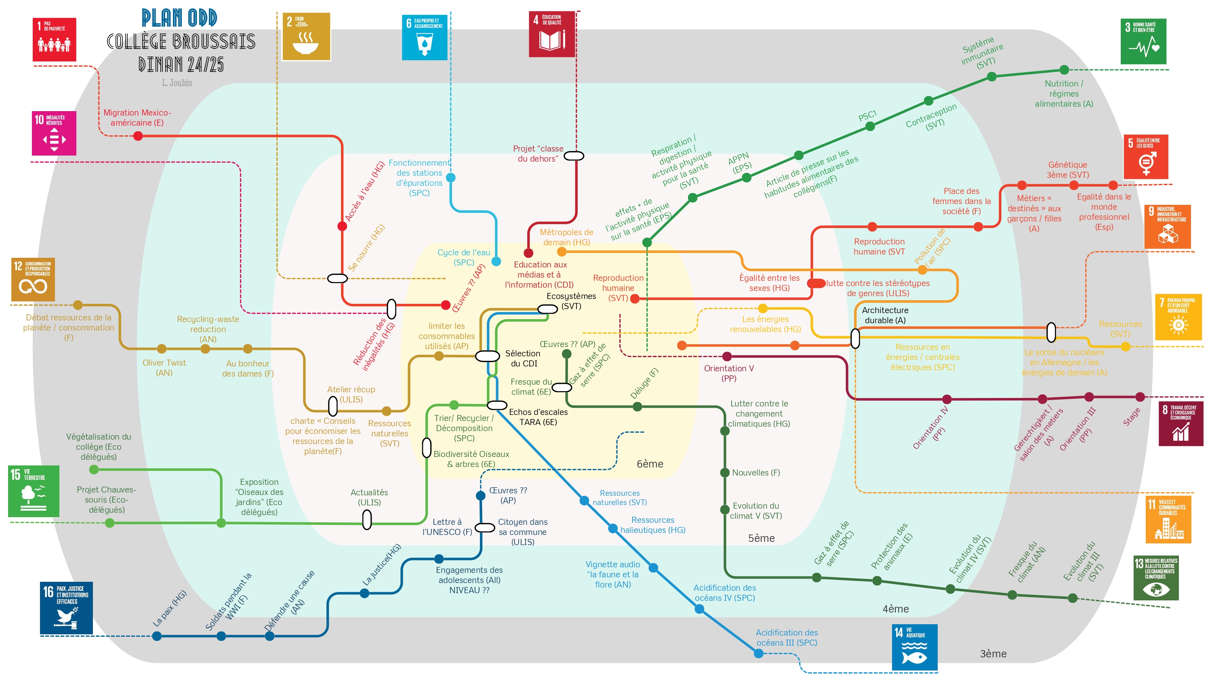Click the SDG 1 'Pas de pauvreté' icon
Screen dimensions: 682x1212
pos(54,40)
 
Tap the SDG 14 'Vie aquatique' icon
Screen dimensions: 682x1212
pos(914,647)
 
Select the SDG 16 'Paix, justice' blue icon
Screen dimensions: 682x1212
pos(66,608)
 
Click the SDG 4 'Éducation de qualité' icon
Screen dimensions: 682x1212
pos(552,34)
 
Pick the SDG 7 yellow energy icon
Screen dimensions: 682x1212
pos(1178,317)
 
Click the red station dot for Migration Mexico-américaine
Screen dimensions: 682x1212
pos(138,136)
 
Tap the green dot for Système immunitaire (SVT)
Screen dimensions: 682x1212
pos(991,77)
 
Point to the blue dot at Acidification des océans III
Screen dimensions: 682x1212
pos(758,653)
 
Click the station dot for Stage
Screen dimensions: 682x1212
pos(1140,397)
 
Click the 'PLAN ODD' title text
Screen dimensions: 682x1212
pos(179,18)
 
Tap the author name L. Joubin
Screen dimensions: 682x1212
pos(177,83)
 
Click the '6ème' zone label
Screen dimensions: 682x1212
pos(650,464)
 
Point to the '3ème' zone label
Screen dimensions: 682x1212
pos(993,654)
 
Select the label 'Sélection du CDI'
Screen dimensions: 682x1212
pos(523,358)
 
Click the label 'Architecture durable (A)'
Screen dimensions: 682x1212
pos(885,315)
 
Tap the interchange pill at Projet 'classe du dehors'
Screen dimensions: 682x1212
pos(574,156)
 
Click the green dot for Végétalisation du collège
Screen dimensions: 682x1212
pos(94,469)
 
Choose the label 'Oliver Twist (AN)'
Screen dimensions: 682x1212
pos(164,368)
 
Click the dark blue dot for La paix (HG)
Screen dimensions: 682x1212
pos(157,636)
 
